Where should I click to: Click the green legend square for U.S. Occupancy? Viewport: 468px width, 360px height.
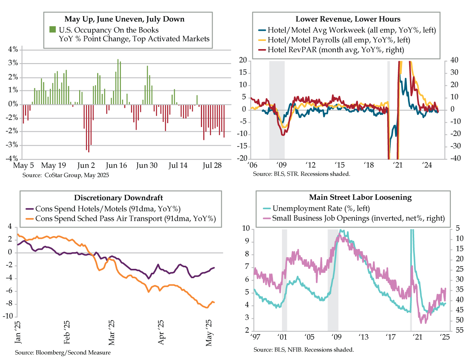(52, 29)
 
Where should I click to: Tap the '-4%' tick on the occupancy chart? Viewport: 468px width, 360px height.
(12, 159)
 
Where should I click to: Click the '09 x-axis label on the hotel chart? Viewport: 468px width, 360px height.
(281, 165)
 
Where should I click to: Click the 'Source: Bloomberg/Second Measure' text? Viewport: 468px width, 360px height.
(63, 353)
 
